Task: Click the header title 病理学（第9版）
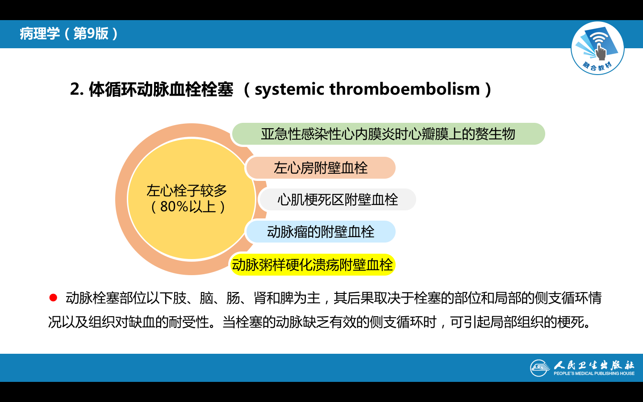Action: [69, 33]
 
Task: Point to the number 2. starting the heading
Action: [77, 89]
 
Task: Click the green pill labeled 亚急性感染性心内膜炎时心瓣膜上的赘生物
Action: [388, 134]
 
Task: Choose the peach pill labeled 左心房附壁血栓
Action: [321, 167]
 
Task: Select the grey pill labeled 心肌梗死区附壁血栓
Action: [338, 200]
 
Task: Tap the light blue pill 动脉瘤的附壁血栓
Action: [321, 232]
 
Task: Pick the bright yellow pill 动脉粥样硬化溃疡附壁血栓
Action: [313, 264]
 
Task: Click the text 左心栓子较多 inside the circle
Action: [187, 191]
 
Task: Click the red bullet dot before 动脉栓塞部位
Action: [53, 298]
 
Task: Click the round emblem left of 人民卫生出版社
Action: [540, 368]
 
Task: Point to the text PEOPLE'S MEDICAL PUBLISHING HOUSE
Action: [594, 373]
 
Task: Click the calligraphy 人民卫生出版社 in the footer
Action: [594, 365]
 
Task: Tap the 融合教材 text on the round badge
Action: [597, 66]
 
